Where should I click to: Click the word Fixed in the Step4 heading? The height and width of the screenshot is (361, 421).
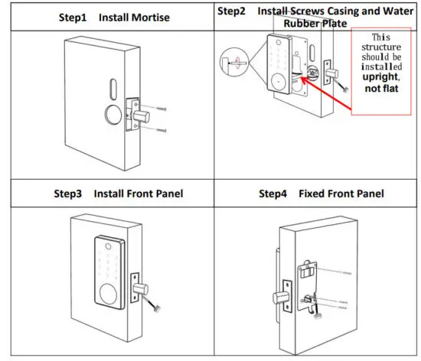pos(313,194)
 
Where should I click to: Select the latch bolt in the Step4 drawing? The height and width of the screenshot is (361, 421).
pos(278,296)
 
